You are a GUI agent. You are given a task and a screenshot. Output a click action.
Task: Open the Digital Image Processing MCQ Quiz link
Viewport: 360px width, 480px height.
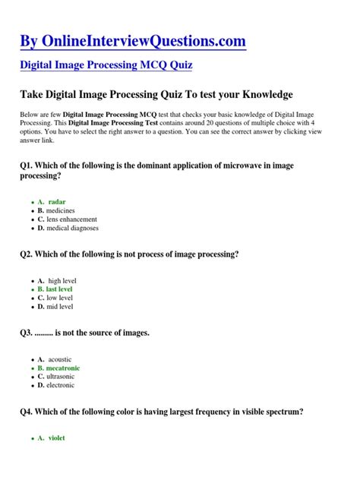[106, 65]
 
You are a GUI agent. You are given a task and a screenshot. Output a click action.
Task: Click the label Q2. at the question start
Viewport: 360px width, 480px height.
[27, 254]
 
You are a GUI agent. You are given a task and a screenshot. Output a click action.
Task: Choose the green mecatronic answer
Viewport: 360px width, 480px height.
[63, 368]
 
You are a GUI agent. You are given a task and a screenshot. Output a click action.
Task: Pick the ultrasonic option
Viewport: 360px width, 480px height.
[62, 376]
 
